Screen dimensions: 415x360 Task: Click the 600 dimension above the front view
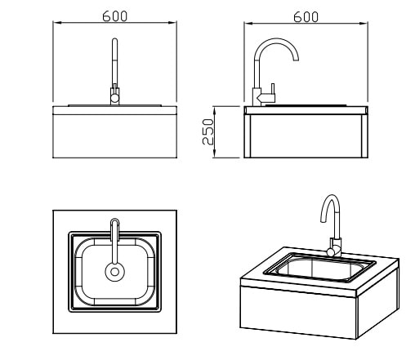tap(114, 16)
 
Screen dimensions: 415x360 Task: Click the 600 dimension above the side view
tap(306, 17)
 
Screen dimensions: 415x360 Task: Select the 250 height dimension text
tap(207, 131)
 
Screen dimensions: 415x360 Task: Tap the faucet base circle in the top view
tap(114, 272)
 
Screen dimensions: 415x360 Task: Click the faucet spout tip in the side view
tap(296, 59)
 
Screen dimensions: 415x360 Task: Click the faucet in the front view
tap(114, 71)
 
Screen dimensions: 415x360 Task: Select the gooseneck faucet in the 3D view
tap(331, 225)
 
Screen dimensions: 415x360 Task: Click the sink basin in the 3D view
tap(319, 268)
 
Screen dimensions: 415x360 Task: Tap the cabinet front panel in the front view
tap(114, 136)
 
